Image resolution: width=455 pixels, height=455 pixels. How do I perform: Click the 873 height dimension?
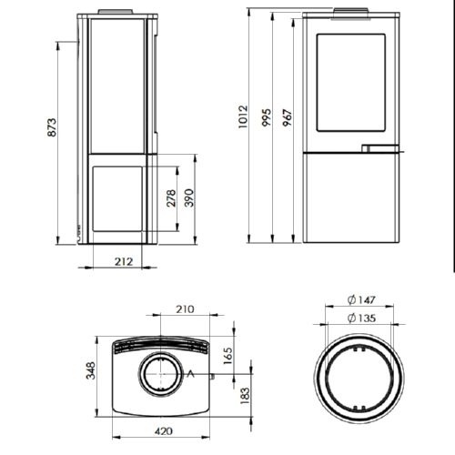point(52,127)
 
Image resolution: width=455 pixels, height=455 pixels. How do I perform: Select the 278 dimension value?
point(171,198)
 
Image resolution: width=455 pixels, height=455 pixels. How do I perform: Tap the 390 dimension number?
point(189,197)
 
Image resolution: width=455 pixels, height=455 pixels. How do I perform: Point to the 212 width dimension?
point(124,261)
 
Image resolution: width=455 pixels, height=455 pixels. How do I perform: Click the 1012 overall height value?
point(243,116)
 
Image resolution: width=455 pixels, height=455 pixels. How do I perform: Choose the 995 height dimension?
point(267,117)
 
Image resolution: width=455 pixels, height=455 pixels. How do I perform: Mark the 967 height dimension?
point(288,117)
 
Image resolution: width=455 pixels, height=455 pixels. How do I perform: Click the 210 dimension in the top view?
point(185,309)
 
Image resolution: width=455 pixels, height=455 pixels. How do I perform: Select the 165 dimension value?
point(227,356)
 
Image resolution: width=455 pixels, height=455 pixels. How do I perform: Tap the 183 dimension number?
point(245,395)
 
